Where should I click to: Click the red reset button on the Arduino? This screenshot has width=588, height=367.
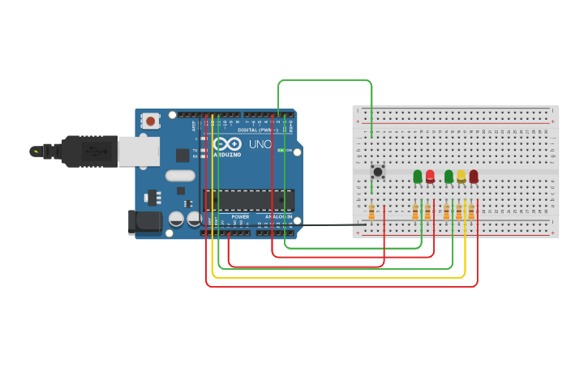150,121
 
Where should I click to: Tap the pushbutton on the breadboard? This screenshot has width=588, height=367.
377,172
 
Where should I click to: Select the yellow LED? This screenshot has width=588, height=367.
461,176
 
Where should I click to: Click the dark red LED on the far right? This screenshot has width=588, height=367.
474,176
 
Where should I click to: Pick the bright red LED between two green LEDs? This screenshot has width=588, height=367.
430,176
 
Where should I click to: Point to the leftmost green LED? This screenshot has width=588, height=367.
418,176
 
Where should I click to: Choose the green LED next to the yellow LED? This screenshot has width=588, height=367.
449,176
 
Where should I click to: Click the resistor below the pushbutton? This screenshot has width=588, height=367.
371,212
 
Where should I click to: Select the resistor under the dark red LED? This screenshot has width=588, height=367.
471,212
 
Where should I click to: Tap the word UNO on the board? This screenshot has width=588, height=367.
260,144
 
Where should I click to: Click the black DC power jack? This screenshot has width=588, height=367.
143,222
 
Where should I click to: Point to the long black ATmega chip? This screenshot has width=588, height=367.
247,199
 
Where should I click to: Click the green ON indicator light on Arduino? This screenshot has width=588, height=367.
281,151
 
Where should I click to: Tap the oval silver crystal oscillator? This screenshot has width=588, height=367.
181,175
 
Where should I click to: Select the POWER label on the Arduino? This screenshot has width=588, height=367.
240,217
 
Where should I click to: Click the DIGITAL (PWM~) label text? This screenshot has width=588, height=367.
258,130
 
